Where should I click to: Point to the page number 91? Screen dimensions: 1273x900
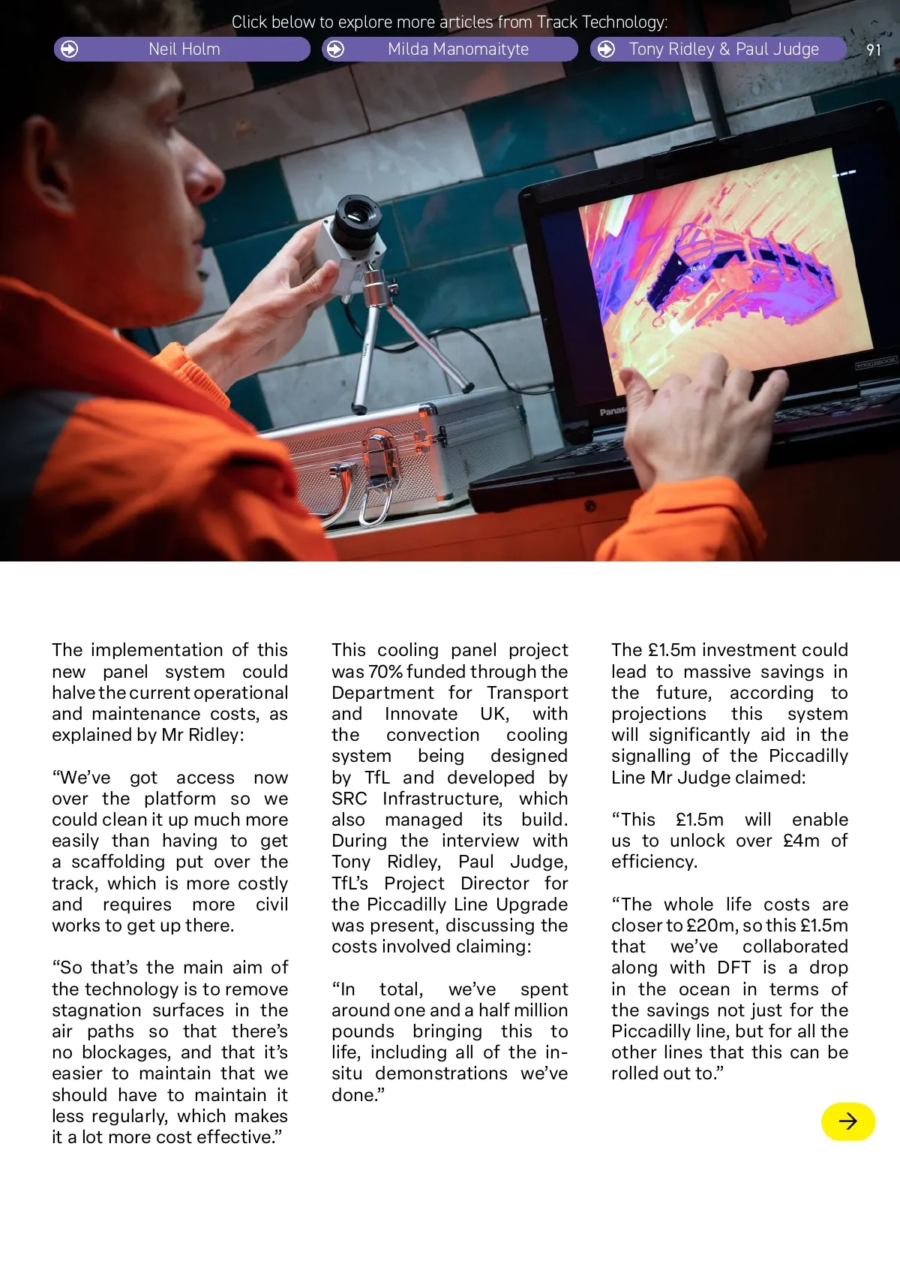874,50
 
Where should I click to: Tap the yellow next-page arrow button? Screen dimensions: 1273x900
848,1121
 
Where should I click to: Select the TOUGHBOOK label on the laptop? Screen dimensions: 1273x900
875,364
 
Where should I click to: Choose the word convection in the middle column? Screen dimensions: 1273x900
433,735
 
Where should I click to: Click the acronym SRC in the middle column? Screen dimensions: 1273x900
349,799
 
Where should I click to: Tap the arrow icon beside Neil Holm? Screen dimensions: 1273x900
69,50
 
